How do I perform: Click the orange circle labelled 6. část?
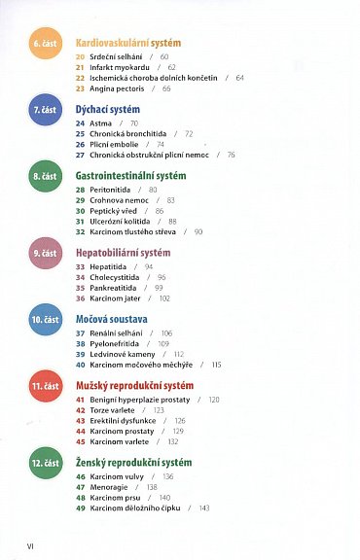click(x=43, y=45)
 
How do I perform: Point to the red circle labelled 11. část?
click(x=43, y=387)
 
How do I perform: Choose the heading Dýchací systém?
click(x=108, y=109)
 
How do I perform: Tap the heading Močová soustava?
click(x=111, y=318)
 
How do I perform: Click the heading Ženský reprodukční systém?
click(x=134, y=462)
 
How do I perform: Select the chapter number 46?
click(x=81, y=476)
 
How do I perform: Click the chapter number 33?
click(x=81, y=265)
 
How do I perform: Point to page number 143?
click(x=204, y=508)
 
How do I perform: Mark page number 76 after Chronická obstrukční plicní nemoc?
click(x=231, y=155)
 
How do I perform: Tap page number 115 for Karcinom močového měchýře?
click(x=215, y=365)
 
